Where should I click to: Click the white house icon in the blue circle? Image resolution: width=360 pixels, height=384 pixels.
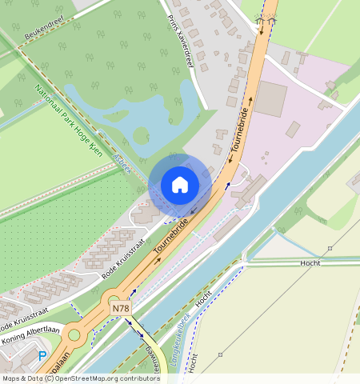[180, 185]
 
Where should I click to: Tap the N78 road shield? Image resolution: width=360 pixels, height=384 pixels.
[120, 308]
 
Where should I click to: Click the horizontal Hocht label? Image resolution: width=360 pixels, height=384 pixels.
[310, 262]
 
